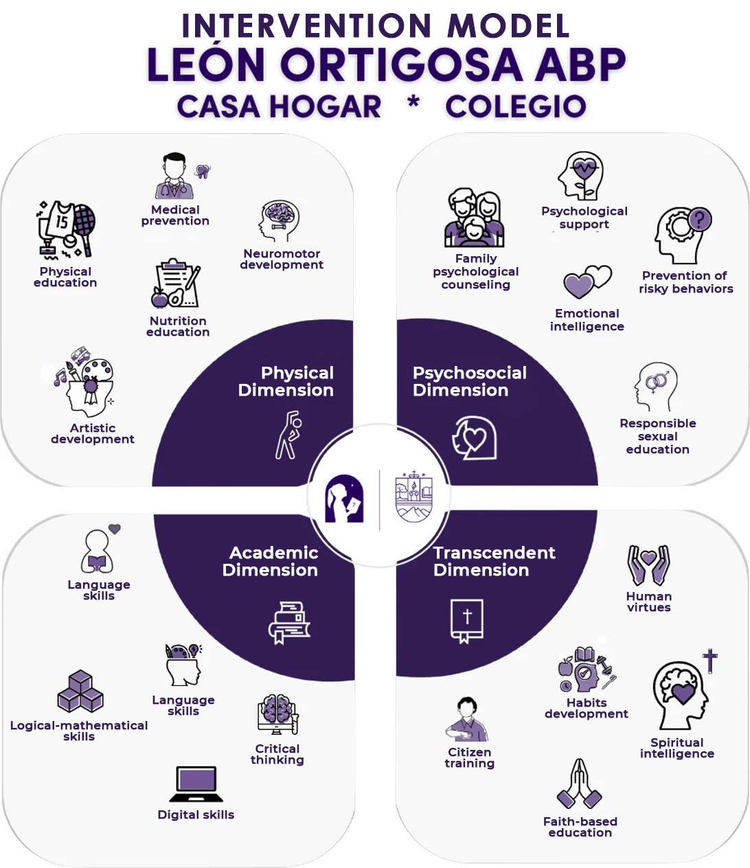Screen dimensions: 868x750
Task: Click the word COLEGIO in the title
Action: pyautogui.click(x=515, y=106)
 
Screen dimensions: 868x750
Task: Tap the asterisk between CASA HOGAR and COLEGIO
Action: pyautogui.click(x=413, y=103)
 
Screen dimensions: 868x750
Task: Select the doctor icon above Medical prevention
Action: pyautogui.click(x=174, y=176)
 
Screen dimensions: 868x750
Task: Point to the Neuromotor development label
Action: pyautogui.click(x=282, y=259)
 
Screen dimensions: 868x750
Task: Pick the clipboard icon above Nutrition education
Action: pyautogui.click(x=177, y=284)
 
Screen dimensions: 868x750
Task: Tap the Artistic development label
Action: pyautogui.click(x=93, y=433)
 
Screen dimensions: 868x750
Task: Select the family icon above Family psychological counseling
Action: pyautogui.click(x=475, y=218)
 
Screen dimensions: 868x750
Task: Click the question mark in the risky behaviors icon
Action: pyautogui.click(x=699, y=220)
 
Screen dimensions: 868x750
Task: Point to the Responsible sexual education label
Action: pyautogui.click(x=657, y=436)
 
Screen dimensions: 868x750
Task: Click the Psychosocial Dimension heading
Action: pyautogui.click(x=470, y=381)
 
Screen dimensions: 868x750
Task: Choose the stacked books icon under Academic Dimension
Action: pyautogui.click(x=288, y=622)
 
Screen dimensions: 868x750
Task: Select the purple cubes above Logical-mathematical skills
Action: pyautogui.click(x=80, y=692)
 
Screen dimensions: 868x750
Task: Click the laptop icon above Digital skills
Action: pyautogui.click(x=196, y=784)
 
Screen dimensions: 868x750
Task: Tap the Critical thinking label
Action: pyautogui.click(x=277, y=754)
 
